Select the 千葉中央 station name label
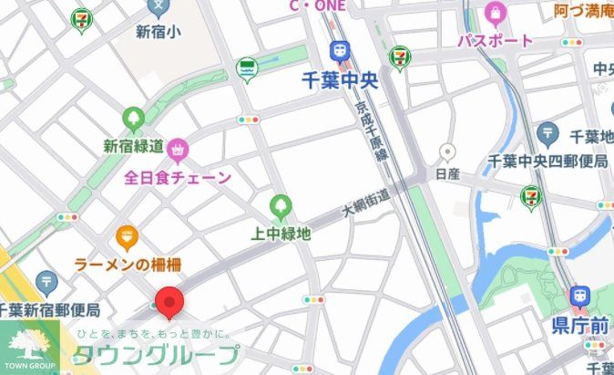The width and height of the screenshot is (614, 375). click(340, 80)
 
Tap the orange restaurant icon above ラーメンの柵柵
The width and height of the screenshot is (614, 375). click(127, 239)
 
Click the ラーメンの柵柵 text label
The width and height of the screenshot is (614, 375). click(128, 265)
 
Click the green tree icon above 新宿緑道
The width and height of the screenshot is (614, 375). click(134, 119)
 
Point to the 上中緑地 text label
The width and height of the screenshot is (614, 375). click(281, 234)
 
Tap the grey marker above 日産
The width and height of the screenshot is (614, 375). click(446, 151)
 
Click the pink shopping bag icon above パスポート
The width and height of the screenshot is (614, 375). click(496, 14)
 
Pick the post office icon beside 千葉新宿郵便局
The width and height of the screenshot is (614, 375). click(46, 282)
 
